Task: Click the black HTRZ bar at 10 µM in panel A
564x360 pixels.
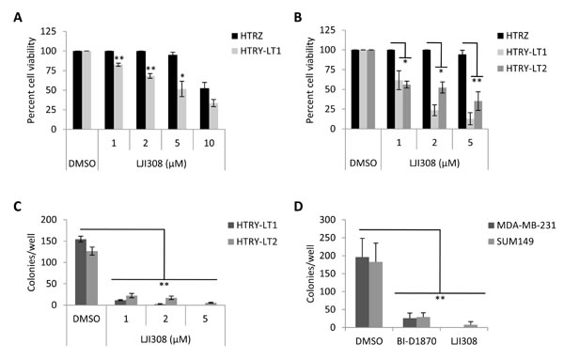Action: pyautogui.click(x=231, y=108)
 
